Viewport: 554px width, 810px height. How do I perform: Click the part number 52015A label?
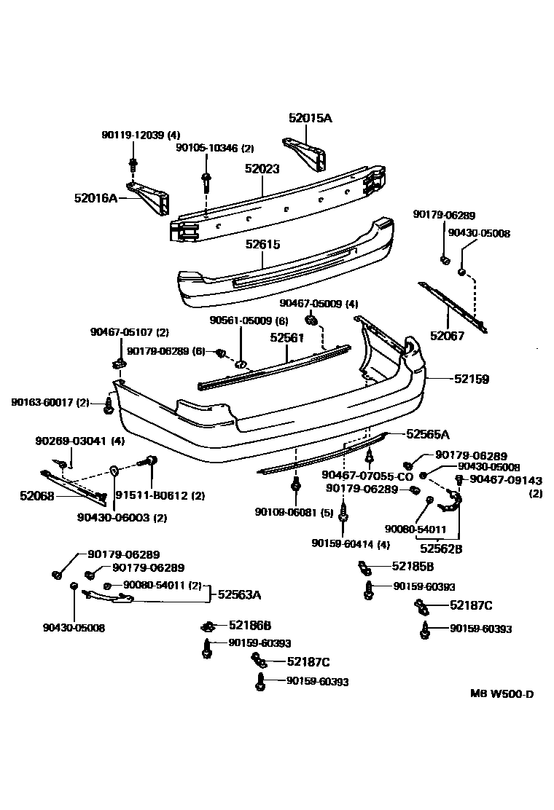[x=310, y=117]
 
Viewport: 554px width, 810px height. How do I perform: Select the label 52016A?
[x=95, y=197]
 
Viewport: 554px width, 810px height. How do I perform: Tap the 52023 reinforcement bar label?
[x=262, y=169]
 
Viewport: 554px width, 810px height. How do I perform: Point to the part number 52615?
[x=262, y=245]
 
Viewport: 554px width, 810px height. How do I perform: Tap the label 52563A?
[x=238, y=594]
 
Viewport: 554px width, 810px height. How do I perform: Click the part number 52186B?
[x=249, y=625]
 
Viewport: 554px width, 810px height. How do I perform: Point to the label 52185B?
[x=413, y=566]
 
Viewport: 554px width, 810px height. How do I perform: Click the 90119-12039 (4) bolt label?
[x=141, y=135]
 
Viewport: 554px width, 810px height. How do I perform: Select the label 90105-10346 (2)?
[x=214, y=148]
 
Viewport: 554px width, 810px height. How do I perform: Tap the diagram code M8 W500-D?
[x=501, y=693]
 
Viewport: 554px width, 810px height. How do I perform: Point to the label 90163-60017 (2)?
[x=50, y=402]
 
